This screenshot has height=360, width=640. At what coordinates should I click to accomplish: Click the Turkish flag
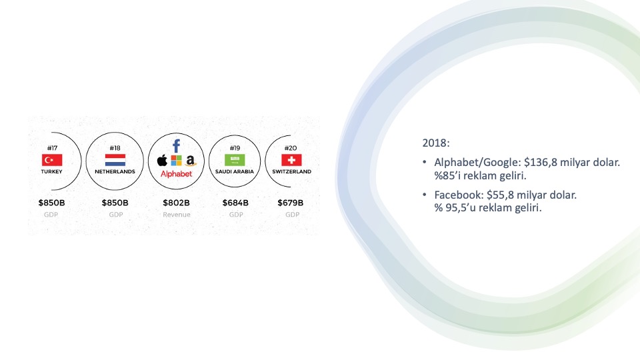tap(52, 159)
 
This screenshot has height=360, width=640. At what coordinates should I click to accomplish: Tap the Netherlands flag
tap(115, 159)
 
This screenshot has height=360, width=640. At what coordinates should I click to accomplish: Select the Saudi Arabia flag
tap(235, 159)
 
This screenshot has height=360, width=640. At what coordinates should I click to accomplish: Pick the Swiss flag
tap(291, 159)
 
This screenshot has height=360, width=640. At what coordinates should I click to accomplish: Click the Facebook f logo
tap(176, 146)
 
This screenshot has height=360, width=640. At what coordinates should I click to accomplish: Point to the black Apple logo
tap(163, 161)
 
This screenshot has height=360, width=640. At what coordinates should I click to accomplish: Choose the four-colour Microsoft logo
tap(176, 161)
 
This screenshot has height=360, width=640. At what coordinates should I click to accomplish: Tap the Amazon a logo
tap(190, 161)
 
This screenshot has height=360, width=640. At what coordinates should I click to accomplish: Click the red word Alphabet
tap(176, 174)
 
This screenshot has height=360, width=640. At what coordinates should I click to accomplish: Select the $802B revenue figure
tap(176, 203)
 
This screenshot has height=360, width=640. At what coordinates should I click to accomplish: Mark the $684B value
tap(235, 203)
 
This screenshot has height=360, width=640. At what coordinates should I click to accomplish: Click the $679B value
tap(291, 203)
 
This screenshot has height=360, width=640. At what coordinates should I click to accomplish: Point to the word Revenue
tap(176, 214)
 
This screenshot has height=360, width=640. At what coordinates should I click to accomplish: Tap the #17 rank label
tap(52, 148)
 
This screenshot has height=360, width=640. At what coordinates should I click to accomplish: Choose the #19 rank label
tap(235, 148)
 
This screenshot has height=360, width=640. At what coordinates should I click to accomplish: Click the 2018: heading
tap(436, 143)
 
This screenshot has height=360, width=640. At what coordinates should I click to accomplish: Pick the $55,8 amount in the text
tap(500, 195)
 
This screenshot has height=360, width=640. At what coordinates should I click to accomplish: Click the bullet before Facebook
tap(425, 195)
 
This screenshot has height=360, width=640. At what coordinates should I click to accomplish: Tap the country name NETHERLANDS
tap(115, 171)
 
